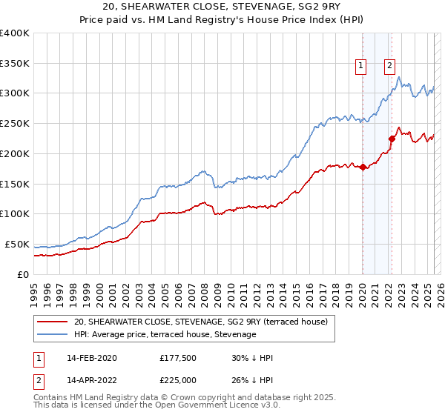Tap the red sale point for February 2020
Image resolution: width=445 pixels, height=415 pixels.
tap(363, 167)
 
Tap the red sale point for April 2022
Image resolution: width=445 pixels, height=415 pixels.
tap(392, 138)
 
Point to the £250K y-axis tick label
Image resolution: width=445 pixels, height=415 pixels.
tap(15, 123)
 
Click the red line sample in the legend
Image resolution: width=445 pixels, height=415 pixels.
tap(51, 322)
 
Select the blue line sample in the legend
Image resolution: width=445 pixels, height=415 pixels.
tap(51, 335)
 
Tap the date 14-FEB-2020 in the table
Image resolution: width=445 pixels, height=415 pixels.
tap(90, 358)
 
